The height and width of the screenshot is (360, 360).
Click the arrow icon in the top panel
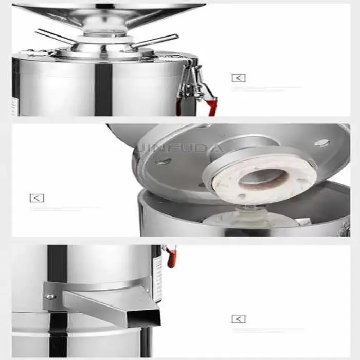[x=238, y=78]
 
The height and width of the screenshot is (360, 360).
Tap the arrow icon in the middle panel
[x=37, y=198]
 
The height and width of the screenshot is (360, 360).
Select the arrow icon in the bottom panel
[x=238, y=319]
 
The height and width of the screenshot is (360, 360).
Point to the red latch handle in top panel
[x=210, y=106]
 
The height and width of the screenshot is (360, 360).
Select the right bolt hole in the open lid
[x=321, y=142]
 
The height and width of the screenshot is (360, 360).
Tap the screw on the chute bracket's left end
[x=49, y=296]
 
